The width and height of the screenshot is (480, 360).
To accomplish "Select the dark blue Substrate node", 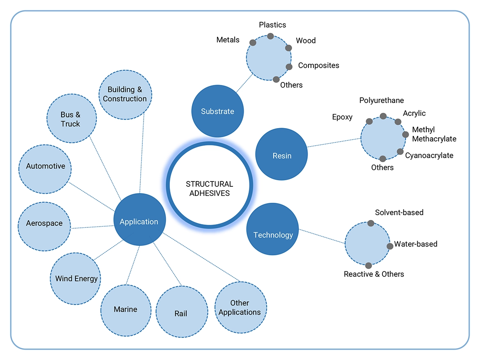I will (x=218, y=111).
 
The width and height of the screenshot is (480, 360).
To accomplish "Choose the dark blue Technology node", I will (x=273, y=235).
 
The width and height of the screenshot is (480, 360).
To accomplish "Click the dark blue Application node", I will (x=139, y=222).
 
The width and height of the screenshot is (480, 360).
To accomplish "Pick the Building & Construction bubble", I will (x=125, y=94).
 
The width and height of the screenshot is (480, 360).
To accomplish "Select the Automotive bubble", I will (x=46, y=167).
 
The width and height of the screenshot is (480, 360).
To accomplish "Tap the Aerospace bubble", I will (x=44, y=224).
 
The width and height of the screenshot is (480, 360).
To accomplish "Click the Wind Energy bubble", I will (x=76, y=279).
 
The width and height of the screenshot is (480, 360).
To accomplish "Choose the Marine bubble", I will (x=126, y=310).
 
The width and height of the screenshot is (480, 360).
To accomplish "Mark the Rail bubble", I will (x=181, y=313).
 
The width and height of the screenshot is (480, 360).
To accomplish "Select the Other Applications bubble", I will (x=240, y=307).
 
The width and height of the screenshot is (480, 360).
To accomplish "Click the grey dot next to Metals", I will (x=253, y=43).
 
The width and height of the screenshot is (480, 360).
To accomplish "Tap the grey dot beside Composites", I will (x=289, y=66).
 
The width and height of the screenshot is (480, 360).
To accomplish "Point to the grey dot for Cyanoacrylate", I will (x=400, y=151).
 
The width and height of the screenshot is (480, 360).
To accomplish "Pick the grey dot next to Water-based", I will (x=390, y=246).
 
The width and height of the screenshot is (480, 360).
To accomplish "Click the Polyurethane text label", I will (x=382, y=101).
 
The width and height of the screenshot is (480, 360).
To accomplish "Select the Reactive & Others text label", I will (x=374, y=274).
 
